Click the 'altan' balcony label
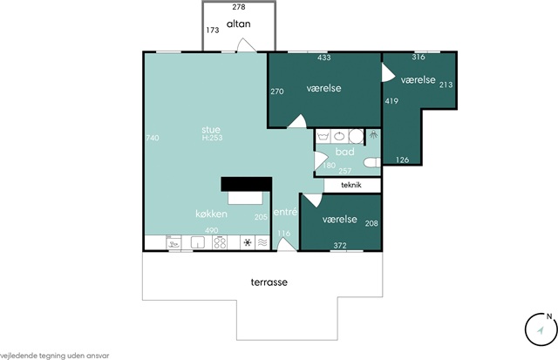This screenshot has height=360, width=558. point(238,24)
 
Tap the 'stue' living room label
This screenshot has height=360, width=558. point(211,130)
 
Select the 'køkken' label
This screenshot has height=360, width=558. point(211,214)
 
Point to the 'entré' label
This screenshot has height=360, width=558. point(285,212)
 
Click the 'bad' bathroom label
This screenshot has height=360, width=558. point(345,152)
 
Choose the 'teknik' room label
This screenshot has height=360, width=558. point(351,185)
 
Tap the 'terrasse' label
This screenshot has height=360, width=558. point(269,282)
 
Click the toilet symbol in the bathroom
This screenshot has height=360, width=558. point(372,163)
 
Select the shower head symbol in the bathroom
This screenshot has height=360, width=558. point(373,134)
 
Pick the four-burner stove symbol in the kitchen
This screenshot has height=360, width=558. point(220,242)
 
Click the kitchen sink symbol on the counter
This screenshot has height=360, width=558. point(198,242)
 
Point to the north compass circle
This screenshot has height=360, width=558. point(541,329)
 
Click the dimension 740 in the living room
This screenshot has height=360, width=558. point(153,138)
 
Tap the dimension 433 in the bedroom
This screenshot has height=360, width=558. point(323,58)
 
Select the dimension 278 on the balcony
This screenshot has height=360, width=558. point(239,7)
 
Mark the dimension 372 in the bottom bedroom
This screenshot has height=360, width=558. point(340,246)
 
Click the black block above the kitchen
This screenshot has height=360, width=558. point(247,184)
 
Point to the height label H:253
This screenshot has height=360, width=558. point(212,138)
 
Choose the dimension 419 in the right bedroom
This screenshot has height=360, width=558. point(391,101)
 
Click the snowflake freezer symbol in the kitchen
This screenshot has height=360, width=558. point(248,242)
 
